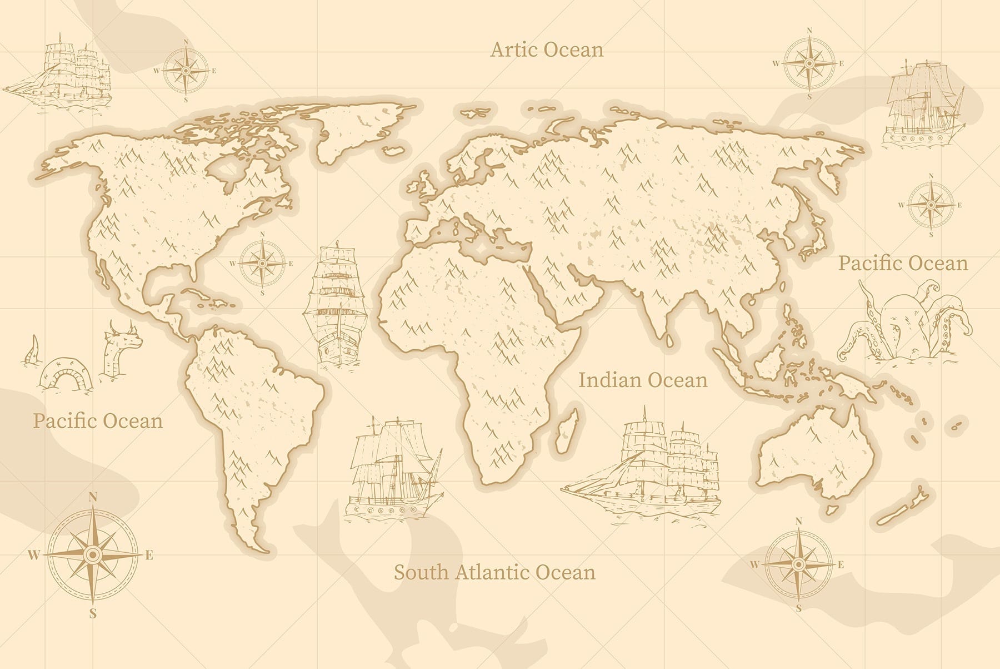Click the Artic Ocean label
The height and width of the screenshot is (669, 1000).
pyautogui.click(x=547, y=50)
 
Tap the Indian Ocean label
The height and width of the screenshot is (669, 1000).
pyautogui.click(x=643, y=380)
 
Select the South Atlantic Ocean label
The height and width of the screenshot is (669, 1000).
pyautogui.click(x=494, y=572)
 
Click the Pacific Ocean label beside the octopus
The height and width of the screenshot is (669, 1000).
pyautogui.click(x=903, y=263)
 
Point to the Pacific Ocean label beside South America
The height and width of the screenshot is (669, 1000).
pyautogui.click(x=98, y=421)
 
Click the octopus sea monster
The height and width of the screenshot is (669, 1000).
pyautogui.click(x=906, y=323)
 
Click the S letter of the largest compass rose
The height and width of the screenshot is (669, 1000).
pyautogui.click(x=93, y=614)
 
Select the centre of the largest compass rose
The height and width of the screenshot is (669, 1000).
pyautogui.click(x=93, y=554)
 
